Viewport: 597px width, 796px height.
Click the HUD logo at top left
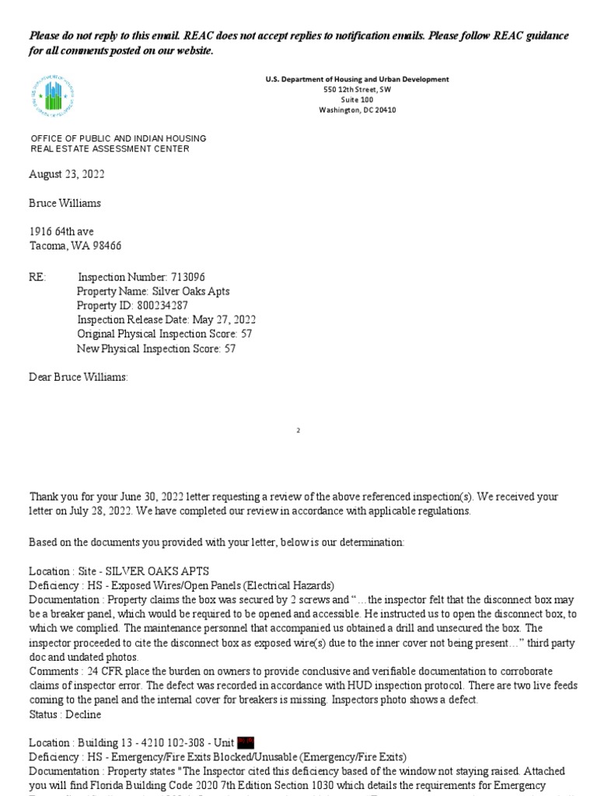pos(53,96)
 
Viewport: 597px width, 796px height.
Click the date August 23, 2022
pos(67,174)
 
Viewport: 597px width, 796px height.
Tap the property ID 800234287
pos(161,305)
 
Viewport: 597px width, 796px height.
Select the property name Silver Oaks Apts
pos(190,292)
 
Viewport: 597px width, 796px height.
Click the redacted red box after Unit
pos(246,743)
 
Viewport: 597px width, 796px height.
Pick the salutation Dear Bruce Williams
pos(79,377)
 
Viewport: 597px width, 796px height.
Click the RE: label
pos(38,278)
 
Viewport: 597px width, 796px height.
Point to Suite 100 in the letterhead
pos(357,99)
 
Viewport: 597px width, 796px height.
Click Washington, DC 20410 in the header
pos(357,110)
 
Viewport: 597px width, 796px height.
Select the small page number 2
pos(298,430)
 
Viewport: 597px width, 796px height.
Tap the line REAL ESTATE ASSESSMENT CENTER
pos(110,148)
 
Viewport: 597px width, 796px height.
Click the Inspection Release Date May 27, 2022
pos(166,319)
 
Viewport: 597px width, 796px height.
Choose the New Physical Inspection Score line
pos(156,349)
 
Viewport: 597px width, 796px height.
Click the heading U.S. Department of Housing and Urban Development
pos(357,79)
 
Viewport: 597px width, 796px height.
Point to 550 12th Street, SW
pos(357,89)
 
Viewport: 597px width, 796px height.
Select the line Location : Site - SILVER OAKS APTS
pos(120,571)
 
